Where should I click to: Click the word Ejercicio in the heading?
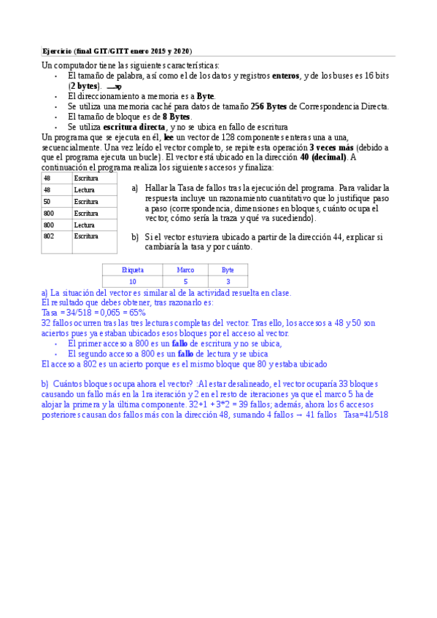point(56,51)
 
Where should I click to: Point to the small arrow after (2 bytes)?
point(113,87)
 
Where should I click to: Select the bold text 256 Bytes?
point(268,106)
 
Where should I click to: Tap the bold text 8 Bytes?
point(176,117)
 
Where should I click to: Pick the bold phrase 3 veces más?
point(332,147)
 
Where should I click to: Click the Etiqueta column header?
point(132,270)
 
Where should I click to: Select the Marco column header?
point(185,270)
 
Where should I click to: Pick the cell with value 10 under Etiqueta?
point(132,281)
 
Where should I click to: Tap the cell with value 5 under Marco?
point(185,281)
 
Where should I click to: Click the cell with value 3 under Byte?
point(228,281)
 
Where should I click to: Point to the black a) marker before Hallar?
point(135,188)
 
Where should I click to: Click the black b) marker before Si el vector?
point(135,238)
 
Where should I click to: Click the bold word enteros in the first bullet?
point(285,76)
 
